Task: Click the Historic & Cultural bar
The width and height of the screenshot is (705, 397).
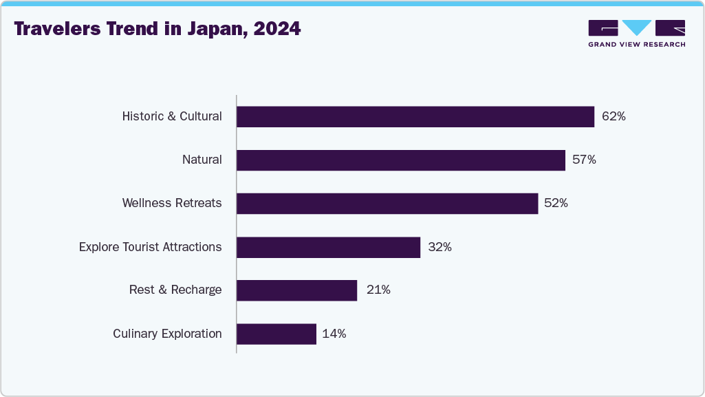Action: click(415, 117)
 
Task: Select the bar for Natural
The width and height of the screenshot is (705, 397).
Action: click(401, 160)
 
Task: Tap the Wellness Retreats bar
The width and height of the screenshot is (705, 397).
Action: click(387, 204)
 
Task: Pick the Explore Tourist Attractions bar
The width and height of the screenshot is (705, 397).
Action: click(328, 247)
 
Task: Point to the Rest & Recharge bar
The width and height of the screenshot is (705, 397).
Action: click(296, 290)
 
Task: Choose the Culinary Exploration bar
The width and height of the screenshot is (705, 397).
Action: click(276, 334)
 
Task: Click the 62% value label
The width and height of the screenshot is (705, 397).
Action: click(614, 117)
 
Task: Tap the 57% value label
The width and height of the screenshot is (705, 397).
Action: click(584, 160)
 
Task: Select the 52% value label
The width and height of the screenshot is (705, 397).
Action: click(556, 204)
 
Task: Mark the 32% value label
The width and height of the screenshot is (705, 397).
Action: click(440, 247)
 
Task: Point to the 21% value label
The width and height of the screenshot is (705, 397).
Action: click(378, 290)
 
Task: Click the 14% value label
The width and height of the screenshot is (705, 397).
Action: click(334, 334)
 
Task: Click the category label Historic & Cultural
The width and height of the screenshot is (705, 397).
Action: click(172, 116)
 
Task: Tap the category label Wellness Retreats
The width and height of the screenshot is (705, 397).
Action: click(172, 203)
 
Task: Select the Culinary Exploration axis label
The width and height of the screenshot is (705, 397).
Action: click(167, 334)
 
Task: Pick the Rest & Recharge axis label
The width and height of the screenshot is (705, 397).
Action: click(175, 290)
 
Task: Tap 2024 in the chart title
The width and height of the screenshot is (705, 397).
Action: click(277, 30)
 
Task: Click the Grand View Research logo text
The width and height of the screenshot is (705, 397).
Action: click(636, 44)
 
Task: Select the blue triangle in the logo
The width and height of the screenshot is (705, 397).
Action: click(637, 28)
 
